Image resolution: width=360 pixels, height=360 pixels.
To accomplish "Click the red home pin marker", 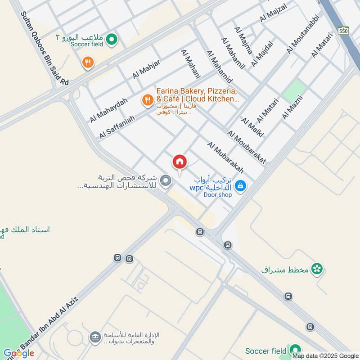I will [x=180, y=162].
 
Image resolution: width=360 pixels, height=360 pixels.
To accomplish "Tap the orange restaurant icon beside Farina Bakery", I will [x=147, y=101].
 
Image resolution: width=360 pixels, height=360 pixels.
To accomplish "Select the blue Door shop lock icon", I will [x=240, y=185].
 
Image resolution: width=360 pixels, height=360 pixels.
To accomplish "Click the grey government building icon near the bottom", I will [x=95, y=337].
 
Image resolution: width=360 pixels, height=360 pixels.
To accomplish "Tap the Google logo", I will [x=19, y=353].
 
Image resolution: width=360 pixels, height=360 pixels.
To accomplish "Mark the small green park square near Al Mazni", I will [x=293, y=90].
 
